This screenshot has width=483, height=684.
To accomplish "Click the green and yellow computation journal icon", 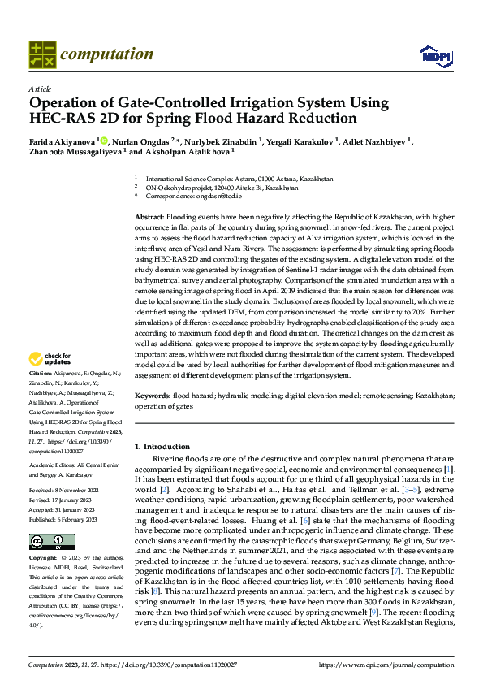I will coord(41,54).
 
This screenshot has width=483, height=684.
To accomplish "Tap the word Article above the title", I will coord(39,89).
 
